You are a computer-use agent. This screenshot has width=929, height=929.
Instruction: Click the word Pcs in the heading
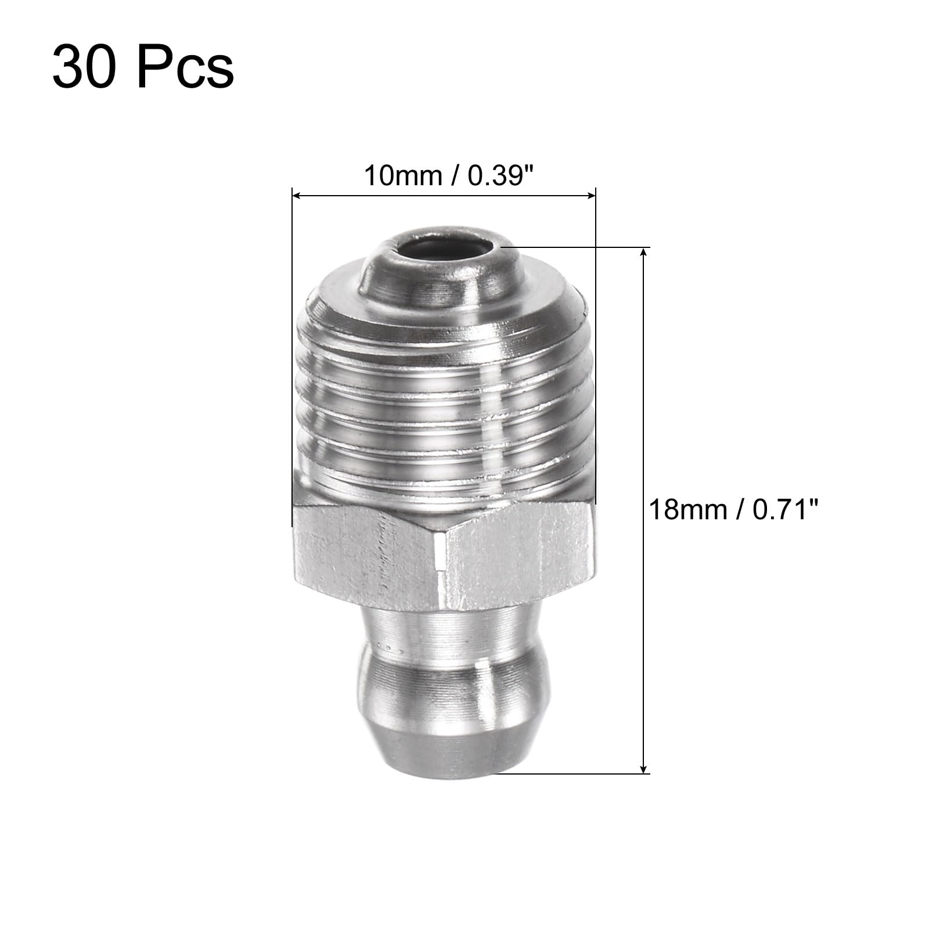click(x=185, y=69)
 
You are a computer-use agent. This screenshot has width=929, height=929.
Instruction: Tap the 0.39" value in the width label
click(x=500, y=176)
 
